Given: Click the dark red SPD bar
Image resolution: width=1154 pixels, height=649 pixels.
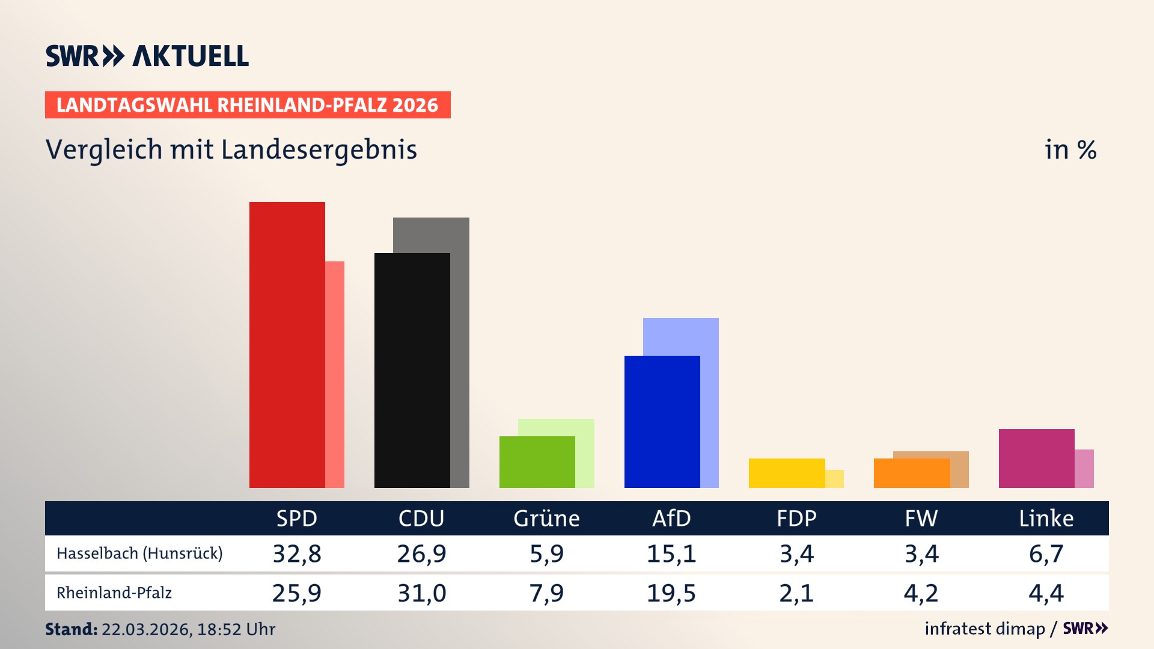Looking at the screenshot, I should (x=287, y=346).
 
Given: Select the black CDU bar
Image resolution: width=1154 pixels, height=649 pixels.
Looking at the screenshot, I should (x=412, y=371).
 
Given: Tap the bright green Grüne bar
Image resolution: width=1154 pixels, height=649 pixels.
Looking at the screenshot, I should (x=537, y=462).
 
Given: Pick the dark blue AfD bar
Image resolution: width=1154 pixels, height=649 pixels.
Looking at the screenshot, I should (x=662, y=422).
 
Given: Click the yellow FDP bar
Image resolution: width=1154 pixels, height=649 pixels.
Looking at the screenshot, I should (x=786, y=473).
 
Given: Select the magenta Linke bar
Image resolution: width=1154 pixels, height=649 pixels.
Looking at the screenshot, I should (x=1036, y=459).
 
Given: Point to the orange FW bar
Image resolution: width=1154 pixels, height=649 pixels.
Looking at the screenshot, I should (x=911, y=473).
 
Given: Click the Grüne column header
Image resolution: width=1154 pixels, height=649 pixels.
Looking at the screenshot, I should (x=546, y=519).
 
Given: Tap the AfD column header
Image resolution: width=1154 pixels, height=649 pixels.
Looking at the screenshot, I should (x=671, y=519).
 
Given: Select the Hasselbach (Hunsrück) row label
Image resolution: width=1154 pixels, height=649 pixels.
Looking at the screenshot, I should (x=139, y=553).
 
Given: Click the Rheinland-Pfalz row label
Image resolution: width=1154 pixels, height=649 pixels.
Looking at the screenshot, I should (x=114, y=593).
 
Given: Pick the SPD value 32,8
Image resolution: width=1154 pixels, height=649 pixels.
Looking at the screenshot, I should (x=297, y=553).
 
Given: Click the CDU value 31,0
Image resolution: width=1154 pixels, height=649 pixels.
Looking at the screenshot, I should (x=421, y=593).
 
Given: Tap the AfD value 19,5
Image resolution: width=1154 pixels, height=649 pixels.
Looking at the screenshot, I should (x=671, y=593).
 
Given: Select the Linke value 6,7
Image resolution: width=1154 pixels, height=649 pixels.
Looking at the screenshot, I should (x=1046, y=553).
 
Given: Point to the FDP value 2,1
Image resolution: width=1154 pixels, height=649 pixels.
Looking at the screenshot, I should (x=796, y=593).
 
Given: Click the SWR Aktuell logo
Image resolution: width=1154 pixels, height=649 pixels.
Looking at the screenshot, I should (x=147, y=56).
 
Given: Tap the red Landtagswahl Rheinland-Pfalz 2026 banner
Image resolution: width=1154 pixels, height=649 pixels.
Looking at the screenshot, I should (x=248, y=105).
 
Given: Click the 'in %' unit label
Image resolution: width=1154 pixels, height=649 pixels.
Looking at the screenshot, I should (x=1070, y=150).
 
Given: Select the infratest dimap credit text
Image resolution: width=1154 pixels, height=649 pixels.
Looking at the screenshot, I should (x=985, y=629).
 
